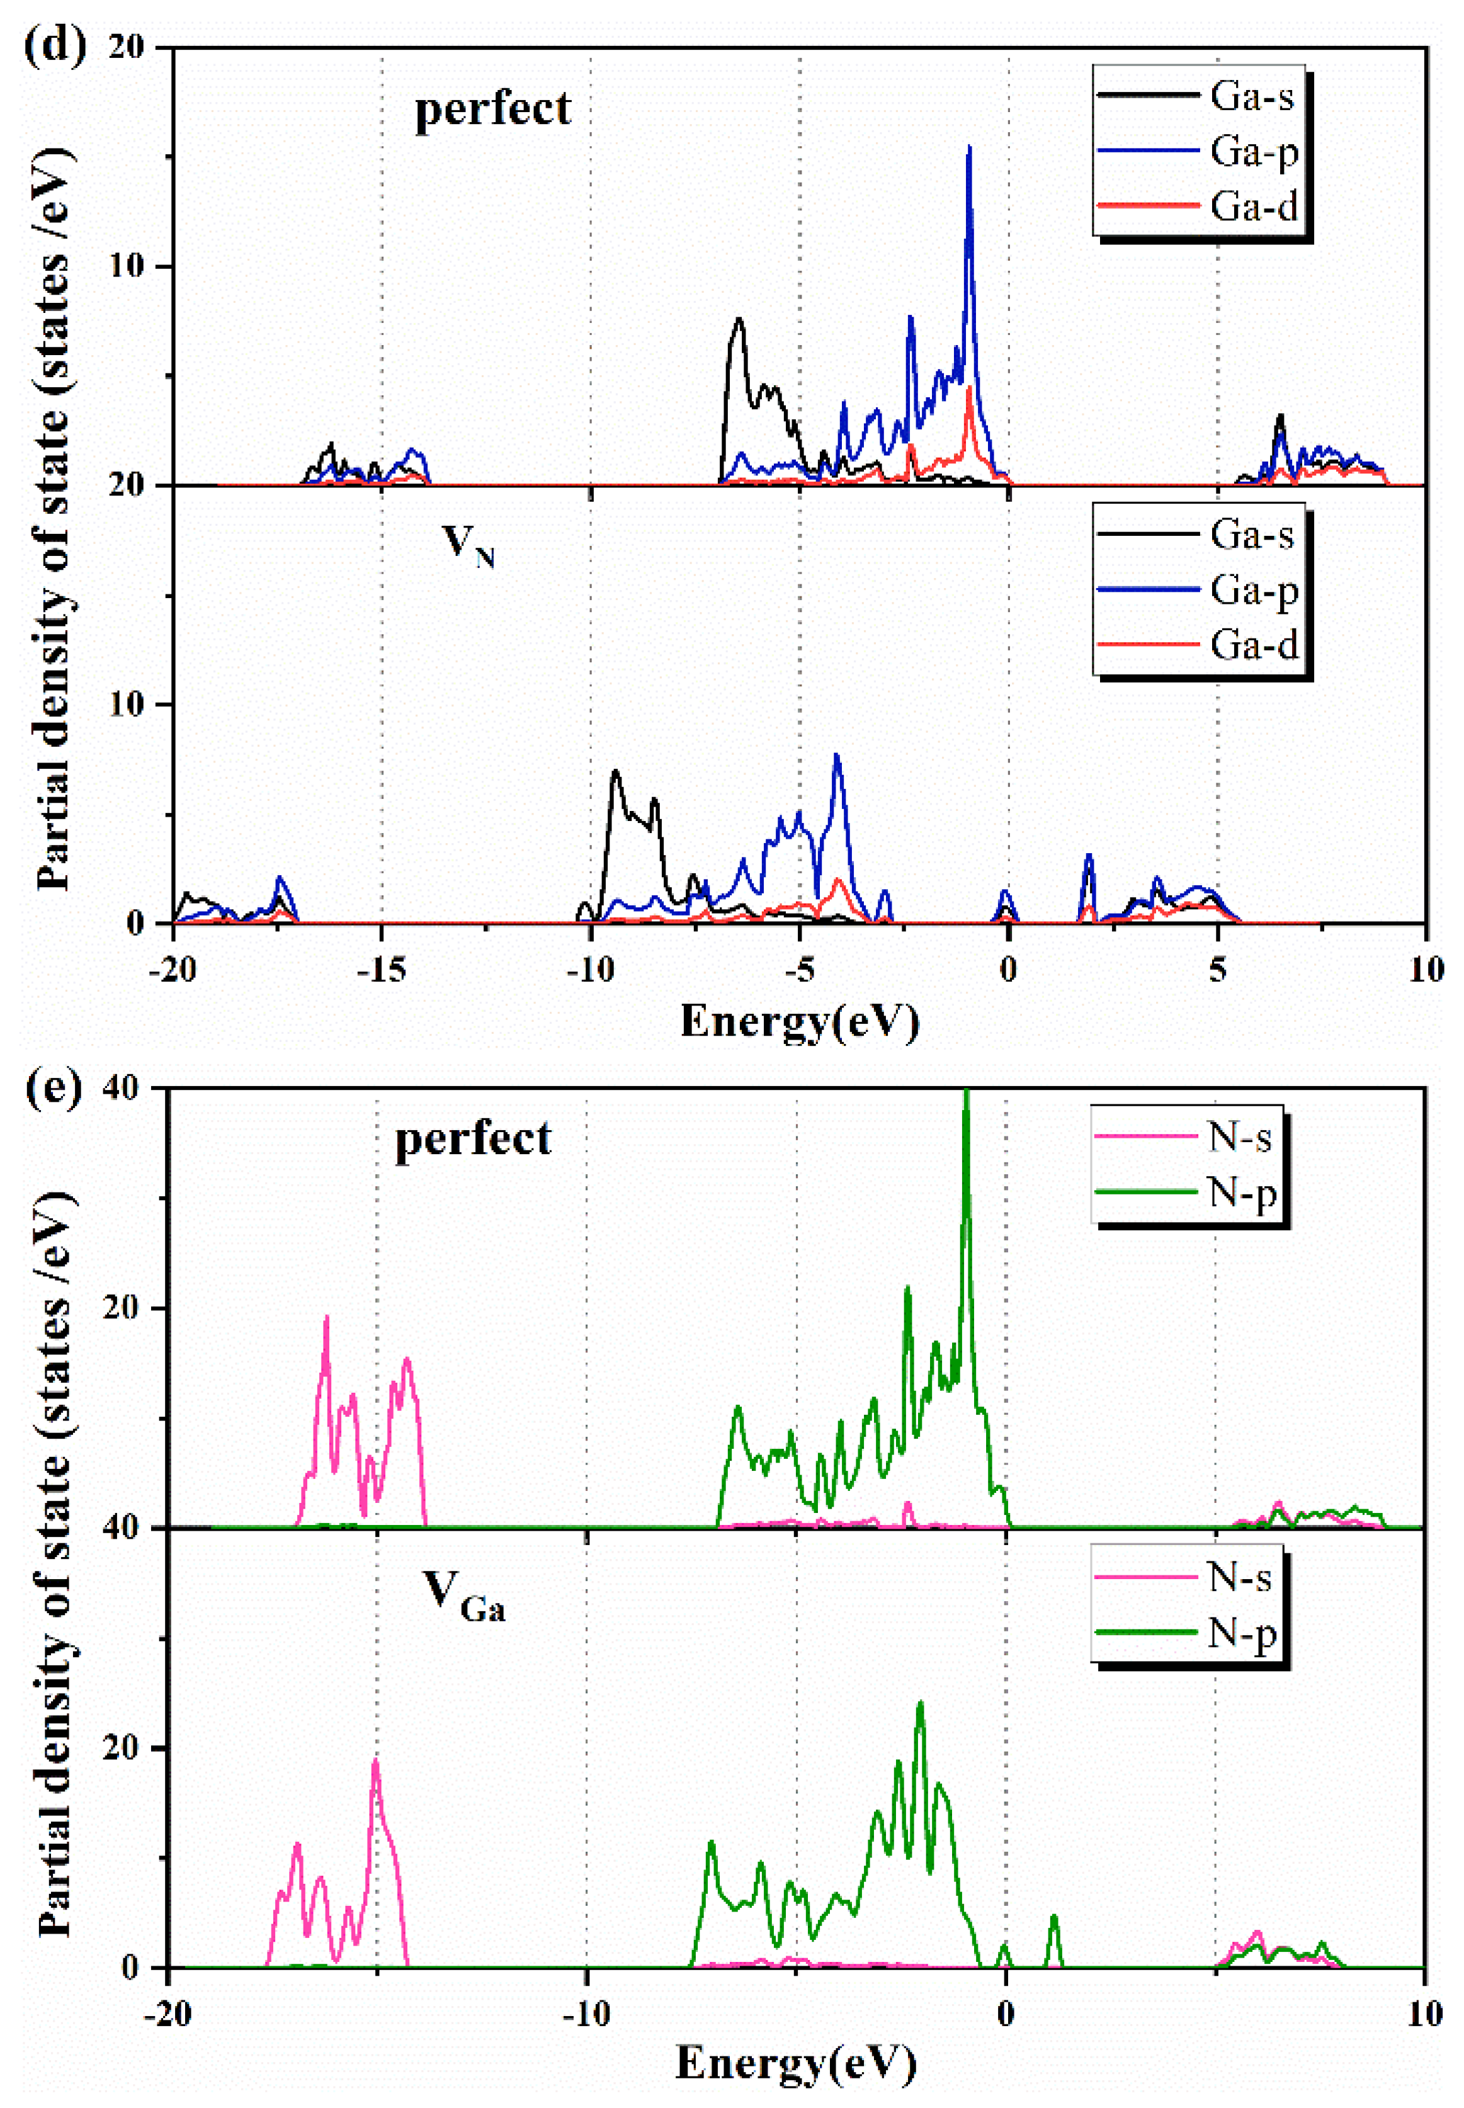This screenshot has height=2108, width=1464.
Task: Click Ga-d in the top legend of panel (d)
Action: (x=1253, y=207)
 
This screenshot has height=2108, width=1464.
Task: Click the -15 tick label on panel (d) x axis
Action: (x=381, y=970)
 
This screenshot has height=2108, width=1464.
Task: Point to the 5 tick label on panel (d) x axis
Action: (x=1217, y=970)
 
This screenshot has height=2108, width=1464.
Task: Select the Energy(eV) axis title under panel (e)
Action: (x=795, y=2064)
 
